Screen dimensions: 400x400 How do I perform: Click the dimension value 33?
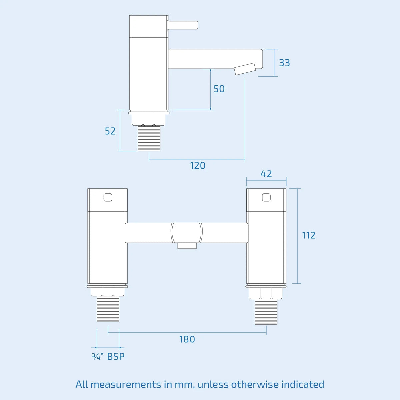coord(284,63)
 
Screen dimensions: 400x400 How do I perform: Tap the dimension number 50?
coord(219,89)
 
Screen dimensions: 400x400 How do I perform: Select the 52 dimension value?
coord(110,131)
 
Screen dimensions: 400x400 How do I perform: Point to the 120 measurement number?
coord(198,166)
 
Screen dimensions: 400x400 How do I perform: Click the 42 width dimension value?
coord(266,174)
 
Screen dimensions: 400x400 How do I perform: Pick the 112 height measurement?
coord(308,235)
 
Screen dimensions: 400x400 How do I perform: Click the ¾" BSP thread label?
coord(108,356)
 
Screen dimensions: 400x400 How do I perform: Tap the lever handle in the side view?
coord(183,25)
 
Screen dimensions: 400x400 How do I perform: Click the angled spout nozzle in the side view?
coord(245,69)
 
